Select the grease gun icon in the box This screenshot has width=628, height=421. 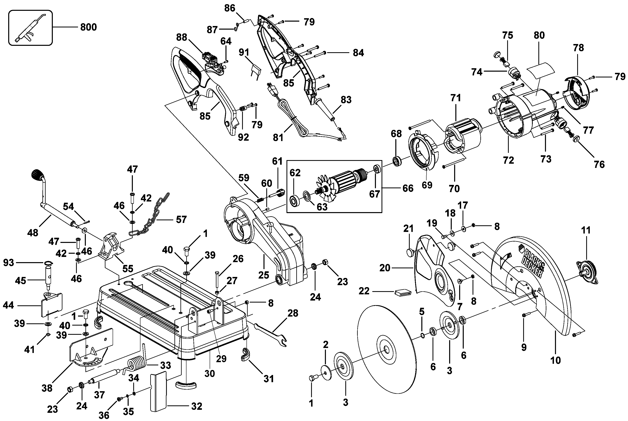coord(30,28)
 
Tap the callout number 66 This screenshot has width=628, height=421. coord(408,188)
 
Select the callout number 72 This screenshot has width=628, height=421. coord(508,160)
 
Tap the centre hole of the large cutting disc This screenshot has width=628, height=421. coord(386,349)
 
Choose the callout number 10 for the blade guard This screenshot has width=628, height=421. coord(555,360)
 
